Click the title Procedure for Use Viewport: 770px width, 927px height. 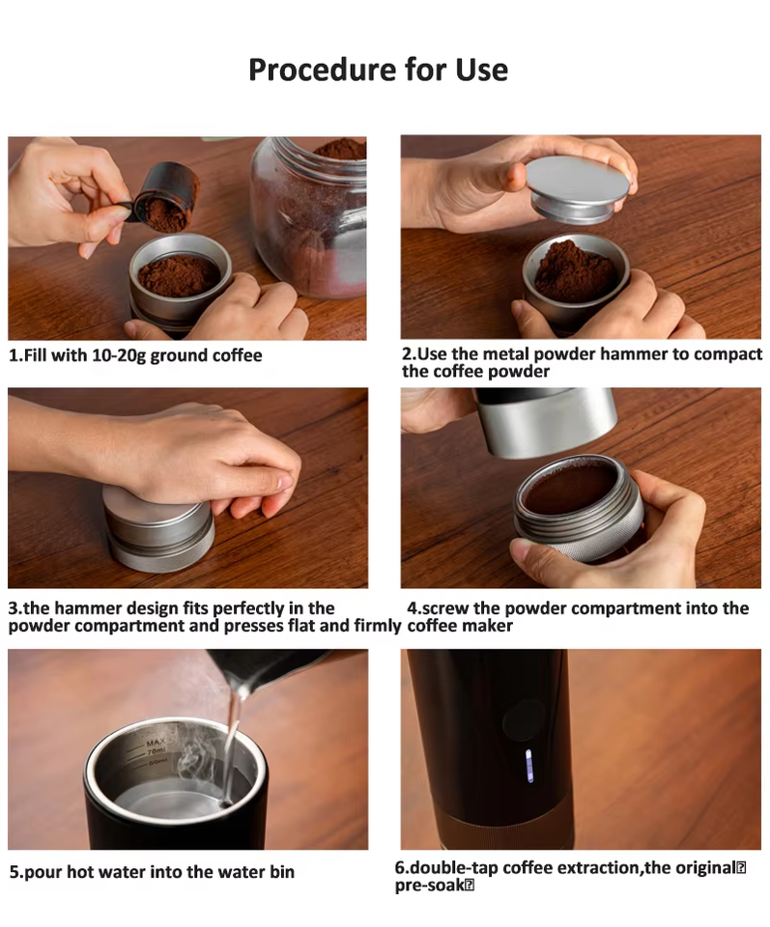(x=378, y=70)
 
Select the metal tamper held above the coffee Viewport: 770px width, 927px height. (x=577, y=188)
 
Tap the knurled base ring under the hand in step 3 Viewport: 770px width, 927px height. (x=159, y=556)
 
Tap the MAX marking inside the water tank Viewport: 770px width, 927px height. (x=156, y=742)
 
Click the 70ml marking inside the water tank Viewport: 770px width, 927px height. (x=157, y=751)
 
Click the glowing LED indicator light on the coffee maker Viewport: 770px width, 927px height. (x=529, y=766)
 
